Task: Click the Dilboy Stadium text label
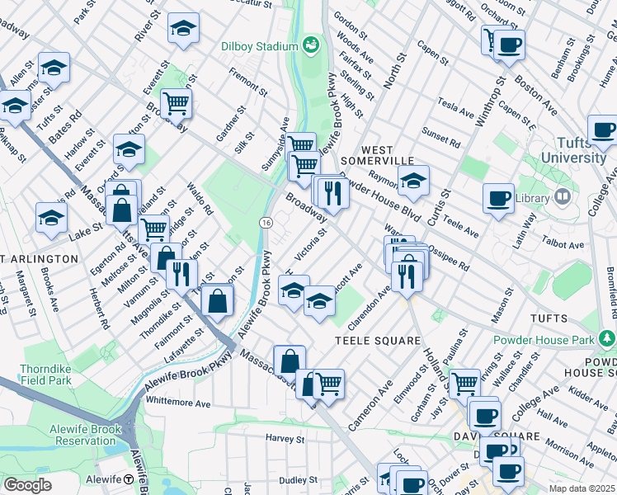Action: (x=258, y=46)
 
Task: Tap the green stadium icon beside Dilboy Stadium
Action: (x=311, y=43)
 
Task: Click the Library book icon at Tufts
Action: (x=562, y=197)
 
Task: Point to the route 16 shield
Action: (x=266, y=224)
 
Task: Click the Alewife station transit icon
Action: (x=129, y=479)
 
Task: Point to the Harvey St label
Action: (x=286, y=437)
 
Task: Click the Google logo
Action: (x=27, y=485)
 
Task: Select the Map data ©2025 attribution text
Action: (x=582, y=488)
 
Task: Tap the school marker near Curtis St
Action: (x=414, y=180)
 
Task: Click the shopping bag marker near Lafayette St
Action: (x=218, y=301)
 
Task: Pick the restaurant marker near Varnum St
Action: (x=181, y=274)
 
